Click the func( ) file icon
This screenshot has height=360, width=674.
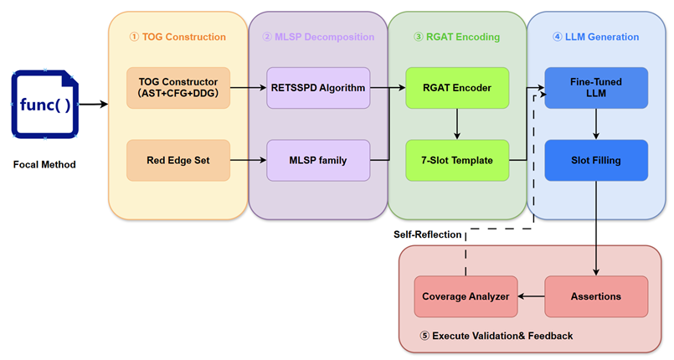point(45,104)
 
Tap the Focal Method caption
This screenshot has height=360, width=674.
point(44,165)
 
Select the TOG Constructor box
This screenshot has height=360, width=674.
point(178,88)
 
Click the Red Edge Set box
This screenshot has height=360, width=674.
point(178,160)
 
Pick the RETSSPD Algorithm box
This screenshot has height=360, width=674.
point(318,88)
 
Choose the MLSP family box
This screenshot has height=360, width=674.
point(318,160)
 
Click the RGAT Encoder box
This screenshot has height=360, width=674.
point(457,88)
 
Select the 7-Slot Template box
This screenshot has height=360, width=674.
point(457,160)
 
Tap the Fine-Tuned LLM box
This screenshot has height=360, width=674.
point(596,88)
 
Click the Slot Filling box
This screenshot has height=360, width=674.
point(596,160)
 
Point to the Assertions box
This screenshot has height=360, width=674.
point(596,296)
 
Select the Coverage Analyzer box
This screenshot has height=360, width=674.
point(466,296)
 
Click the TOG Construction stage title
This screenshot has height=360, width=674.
point(178,37)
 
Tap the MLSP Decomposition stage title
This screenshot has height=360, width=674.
point(318,37)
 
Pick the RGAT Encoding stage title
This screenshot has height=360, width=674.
point(457,37)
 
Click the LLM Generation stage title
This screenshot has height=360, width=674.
point(596,37)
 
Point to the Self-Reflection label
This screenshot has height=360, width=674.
point(427,234)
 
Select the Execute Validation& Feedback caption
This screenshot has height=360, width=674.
point(496,336)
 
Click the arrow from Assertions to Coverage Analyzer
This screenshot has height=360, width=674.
point(532,296)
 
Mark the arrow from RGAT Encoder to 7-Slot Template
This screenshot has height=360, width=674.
point(457,124)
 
